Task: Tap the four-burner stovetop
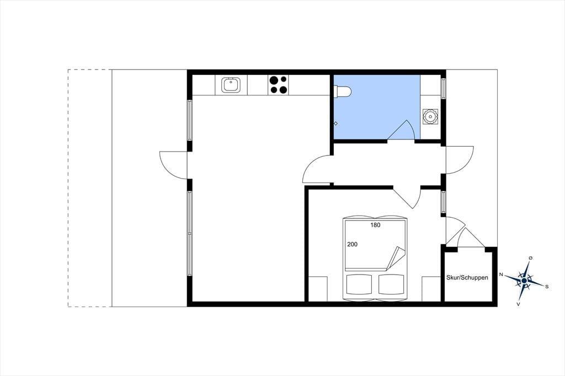pyautogui.click(x=278, y=85)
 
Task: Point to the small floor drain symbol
pyautogui.click(x=336, y=123)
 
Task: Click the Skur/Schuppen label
pyautogui.click(x=467, y=277)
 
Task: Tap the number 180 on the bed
pyautogui.click(x=375, y=225)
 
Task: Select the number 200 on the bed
pyautogui.click(x=353, y=244)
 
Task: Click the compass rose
pyautogui.click(x=525, y=280)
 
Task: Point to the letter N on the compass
pyautogui.click(x=501, y=275)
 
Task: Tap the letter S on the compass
pyautogui.click(x=547, y=287)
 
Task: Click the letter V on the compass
pyautogui.click(x=518, y=304)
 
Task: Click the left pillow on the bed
pyautogui.click(x=359, y=284)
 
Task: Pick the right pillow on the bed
pyautogui.click(x=391, y=284)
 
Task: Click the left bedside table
pyautogui.click(x=318, y=289)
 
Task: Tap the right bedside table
pyautogui.click(x=431, y=289)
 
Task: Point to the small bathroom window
pyautogui.click(x=444, y=88)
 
